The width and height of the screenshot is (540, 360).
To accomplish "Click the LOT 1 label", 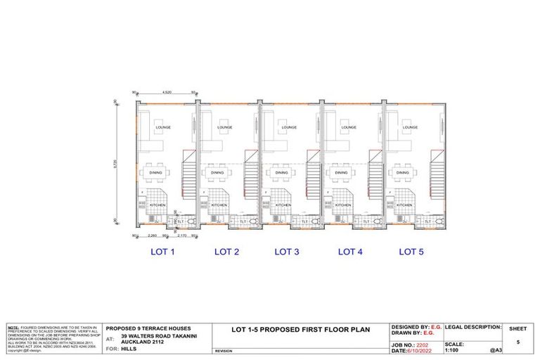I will click(x=162, y=251).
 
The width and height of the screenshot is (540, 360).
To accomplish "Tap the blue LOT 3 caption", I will click(x=286, y=251).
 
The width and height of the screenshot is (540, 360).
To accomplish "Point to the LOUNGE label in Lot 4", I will click(x=349, y=128).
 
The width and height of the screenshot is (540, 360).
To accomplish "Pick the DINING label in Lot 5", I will click(x=403, y=172).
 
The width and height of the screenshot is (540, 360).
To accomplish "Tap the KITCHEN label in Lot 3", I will click(x=283, y=205).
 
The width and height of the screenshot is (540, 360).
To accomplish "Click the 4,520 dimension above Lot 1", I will click(x=167, y=93).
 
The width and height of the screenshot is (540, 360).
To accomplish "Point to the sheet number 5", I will click(x=517, y=342).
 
